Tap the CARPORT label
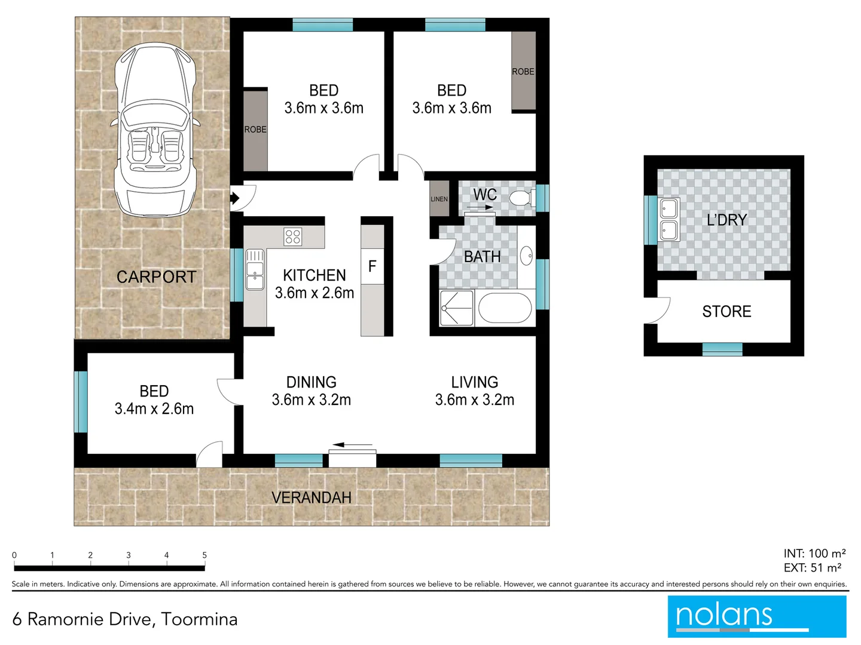click(x=156, y=277)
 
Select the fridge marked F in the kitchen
click(x=373, y=266)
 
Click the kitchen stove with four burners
click(x=293, y=236)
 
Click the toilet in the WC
click(x=521, y=198)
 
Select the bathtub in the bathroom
click(x=505, y=308)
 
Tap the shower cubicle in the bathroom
click(x=457, y=308)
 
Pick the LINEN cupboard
click(x=439, y=198)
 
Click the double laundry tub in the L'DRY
click(x=668, y=220)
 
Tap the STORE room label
click(x=726, y=312)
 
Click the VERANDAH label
click(x=312, y=497)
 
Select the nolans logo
click(x=757, y=616)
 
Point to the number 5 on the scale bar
click(x=204, y=555)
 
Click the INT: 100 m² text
click(x=814, y=554)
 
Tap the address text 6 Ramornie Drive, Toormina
click(x=125, y=619)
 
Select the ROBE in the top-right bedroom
click(x=523, y=71)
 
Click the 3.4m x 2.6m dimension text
click(x=154, y=409)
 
